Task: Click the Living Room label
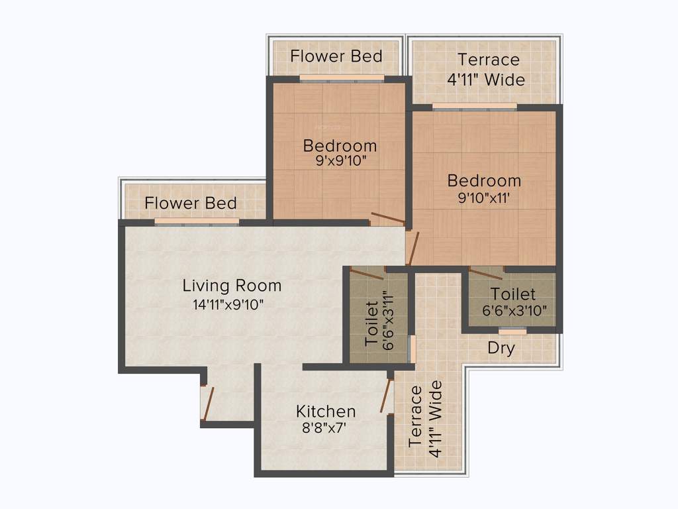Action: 232,286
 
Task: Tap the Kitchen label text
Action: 326,411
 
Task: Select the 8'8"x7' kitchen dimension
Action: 325,428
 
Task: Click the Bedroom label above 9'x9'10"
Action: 340,145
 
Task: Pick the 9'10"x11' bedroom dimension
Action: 484,198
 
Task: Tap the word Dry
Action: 501,348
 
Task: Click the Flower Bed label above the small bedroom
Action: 336,56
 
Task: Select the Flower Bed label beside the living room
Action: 191,203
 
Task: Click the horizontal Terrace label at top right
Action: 489,60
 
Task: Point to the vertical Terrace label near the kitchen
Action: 416,417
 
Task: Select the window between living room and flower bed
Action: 197,222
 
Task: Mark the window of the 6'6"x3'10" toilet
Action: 512,330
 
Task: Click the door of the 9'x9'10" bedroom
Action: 387,219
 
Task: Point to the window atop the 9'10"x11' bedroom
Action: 474,106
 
